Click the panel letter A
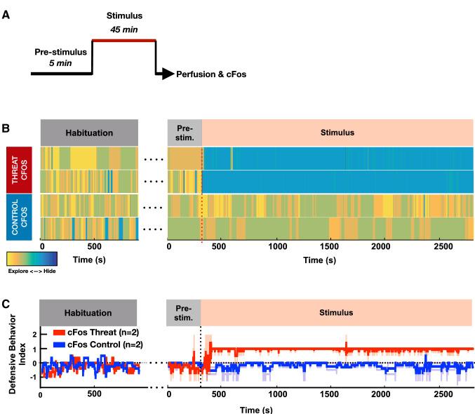(6, 12)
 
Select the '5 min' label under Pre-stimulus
(62, 63)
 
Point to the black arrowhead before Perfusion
(166, 74)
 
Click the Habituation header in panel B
(89, 131)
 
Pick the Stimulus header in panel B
(337, 131)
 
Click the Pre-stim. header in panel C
(183, 313)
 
